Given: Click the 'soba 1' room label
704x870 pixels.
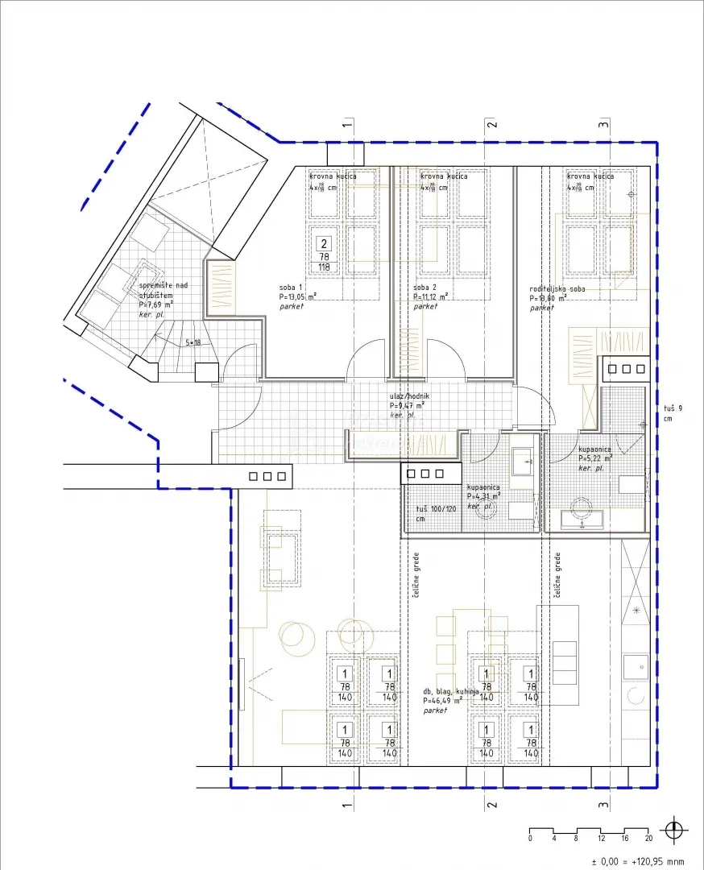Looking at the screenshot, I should (291, 288).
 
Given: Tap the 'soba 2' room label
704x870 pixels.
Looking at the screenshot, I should (425, 288).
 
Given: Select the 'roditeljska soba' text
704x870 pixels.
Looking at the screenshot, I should (557, 288).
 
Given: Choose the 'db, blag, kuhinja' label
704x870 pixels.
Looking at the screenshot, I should (451, 691).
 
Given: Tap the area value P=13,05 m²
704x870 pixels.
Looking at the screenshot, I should (297, 296).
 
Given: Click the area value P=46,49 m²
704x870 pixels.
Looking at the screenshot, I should (441, 701).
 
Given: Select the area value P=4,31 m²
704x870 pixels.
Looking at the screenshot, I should (484, 496).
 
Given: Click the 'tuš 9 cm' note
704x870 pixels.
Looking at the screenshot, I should (668, 413).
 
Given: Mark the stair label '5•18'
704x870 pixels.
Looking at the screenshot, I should (193, 342).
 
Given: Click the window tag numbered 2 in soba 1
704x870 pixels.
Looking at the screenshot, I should (325, 243).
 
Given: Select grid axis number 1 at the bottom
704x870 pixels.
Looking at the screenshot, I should (347, 805).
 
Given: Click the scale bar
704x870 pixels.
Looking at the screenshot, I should (590, 830).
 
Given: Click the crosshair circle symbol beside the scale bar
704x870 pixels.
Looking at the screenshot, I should (674, 830).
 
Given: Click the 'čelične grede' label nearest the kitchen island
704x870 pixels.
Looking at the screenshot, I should (557, 575).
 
